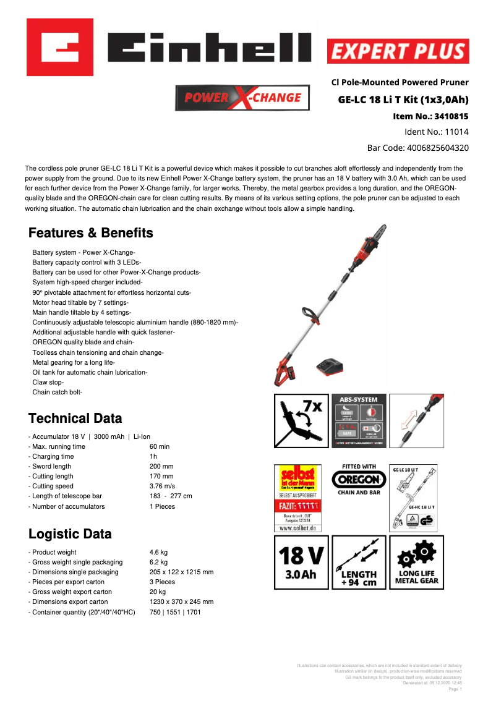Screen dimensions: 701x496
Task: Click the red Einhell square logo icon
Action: [60, 47]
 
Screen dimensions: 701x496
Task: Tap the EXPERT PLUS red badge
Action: [398, 51]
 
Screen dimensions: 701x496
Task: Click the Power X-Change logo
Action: [242, 98]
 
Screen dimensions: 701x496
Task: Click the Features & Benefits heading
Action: [91, 233]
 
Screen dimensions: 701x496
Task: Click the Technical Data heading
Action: [75, 418]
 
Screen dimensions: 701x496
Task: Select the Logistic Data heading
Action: [71, 533]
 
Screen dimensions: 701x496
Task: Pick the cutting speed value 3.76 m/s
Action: [162, 486]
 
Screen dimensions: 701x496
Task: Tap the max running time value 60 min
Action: [159, 446]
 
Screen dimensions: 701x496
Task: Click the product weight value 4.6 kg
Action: [158, 552]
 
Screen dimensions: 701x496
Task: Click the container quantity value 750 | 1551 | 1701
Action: [175, 612]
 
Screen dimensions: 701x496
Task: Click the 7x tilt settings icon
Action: [301, 420]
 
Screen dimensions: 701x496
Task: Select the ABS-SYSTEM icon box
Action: [359, 420]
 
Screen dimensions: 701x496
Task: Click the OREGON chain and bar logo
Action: [359, 480]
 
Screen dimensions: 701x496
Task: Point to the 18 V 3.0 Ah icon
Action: [301, 563]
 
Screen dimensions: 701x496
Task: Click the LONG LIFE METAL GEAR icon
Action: [416, 563]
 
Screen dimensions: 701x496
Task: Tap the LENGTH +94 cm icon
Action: [359, 563]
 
